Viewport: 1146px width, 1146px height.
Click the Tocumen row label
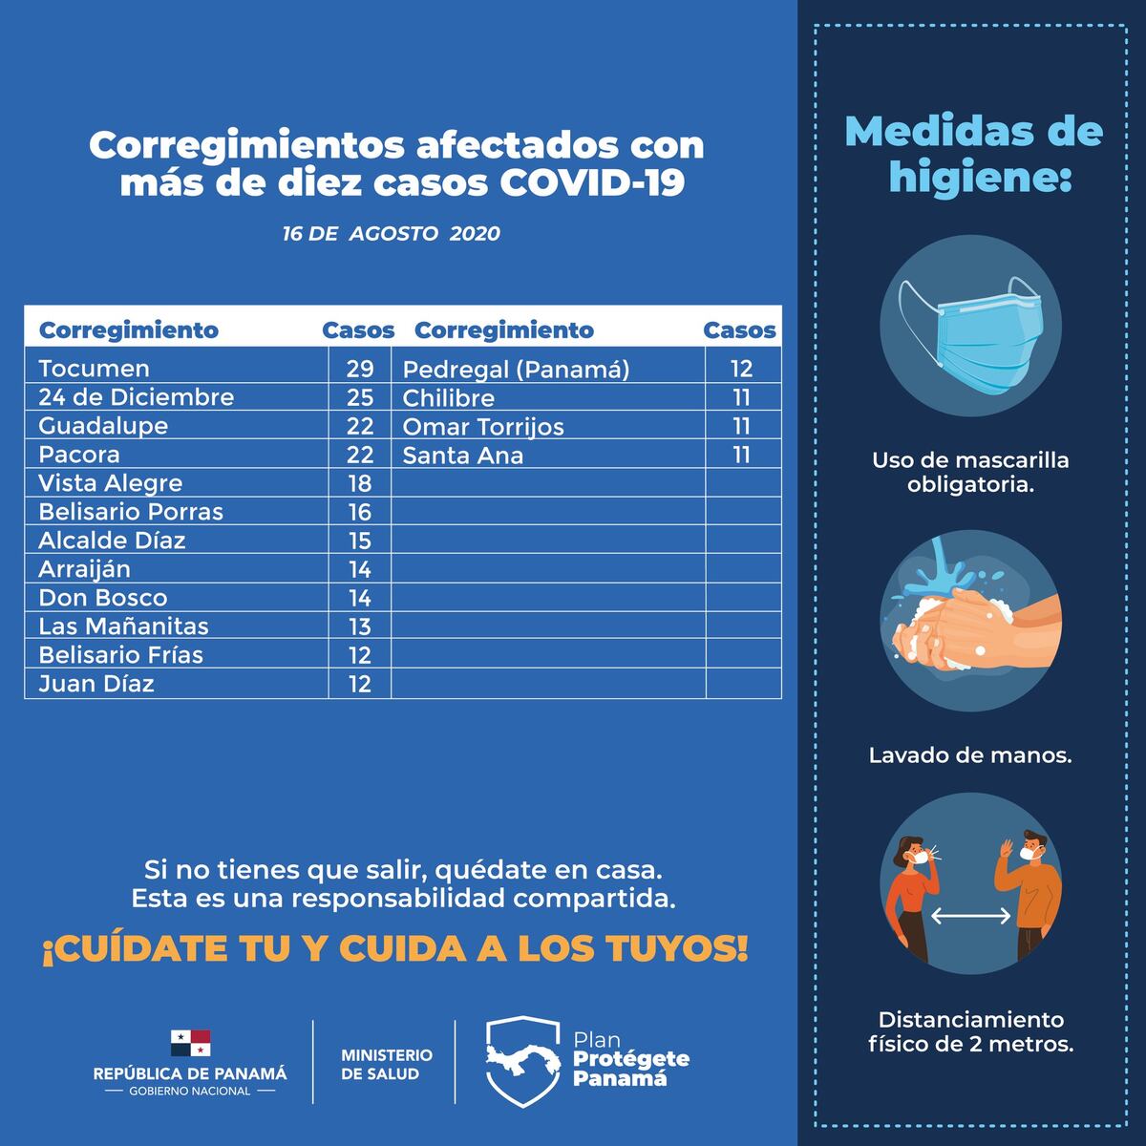[x=94, y=369]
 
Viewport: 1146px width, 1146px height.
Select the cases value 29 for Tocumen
[x=359, y=369]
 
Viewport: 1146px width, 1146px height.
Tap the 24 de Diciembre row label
[x=136, y=397]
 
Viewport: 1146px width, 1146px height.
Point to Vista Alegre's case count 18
[x=359, y=483]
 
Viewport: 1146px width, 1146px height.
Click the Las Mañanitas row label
[x=123, y=626]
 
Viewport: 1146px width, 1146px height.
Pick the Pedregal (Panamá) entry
[x=516, y=370]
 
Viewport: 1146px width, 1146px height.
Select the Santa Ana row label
[x=463, y=456]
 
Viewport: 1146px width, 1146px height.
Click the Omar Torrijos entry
[x=483, y=427]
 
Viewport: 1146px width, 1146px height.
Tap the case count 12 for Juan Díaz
[x=359, y=684]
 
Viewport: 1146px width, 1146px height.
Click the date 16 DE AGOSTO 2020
[x=391, y=234]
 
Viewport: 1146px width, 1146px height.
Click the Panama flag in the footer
[x=190, y=1043]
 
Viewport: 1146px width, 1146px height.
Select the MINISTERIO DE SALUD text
[x=386, y=1064]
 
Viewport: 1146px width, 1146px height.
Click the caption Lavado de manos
[x=970, y=755]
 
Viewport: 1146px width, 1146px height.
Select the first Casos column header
[x=358, y=330]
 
